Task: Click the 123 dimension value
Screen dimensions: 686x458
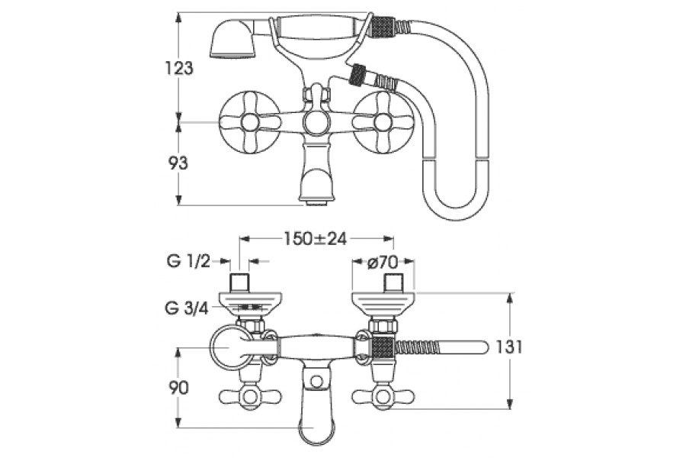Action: coord(179,68)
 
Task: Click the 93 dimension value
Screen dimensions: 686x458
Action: coord(178,163)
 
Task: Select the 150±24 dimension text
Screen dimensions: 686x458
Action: coord(316,239)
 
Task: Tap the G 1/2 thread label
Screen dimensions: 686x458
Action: coord(188,262)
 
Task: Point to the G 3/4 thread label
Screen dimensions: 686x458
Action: coord(187,308)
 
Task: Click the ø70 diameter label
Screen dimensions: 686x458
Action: coord(383,262)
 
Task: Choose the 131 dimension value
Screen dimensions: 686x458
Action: coord(509,347)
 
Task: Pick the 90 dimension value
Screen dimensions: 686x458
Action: coord(179,388)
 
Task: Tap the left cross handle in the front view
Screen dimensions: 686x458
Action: coord(250,122)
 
